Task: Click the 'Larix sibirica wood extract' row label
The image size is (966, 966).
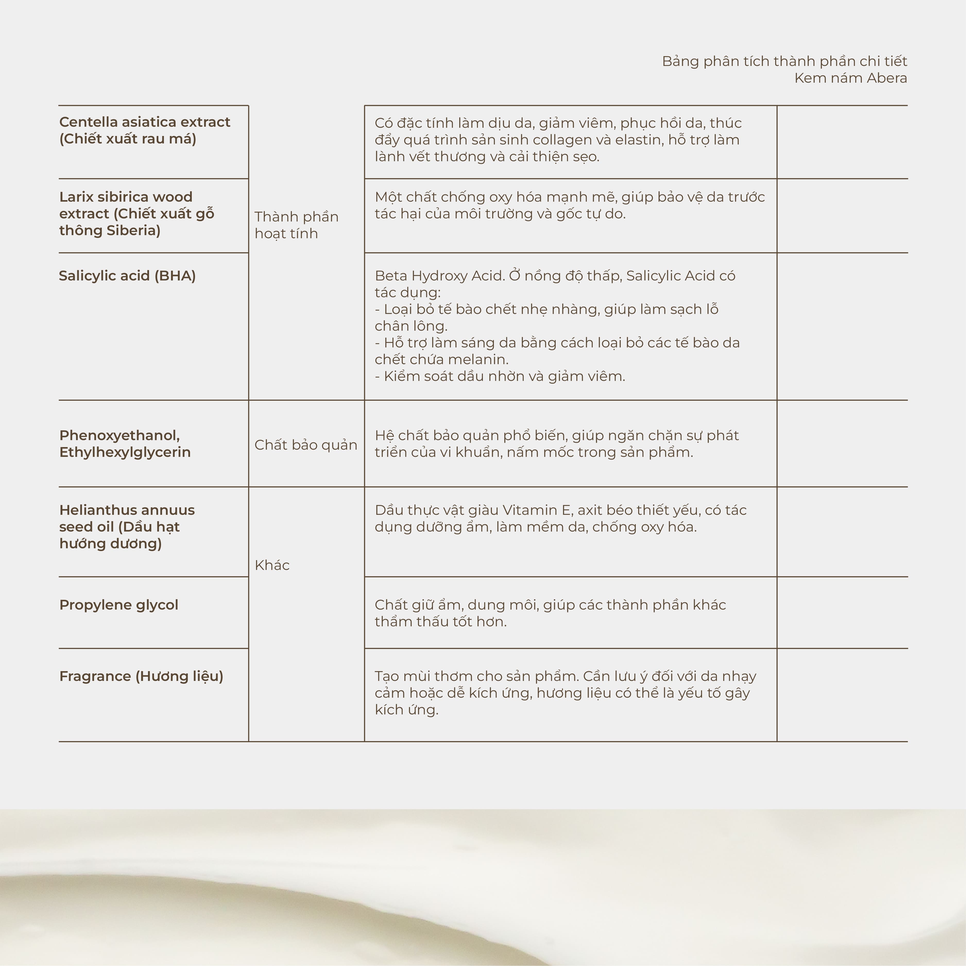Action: pyautogui.click(x=136, y=213)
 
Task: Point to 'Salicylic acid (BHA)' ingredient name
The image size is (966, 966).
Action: pyautogui.click(x=127, y=276)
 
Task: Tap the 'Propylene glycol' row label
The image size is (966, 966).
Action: pyautogui.click(x=118, y=605)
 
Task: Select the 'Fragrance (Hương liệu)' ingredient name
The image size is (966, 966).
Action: pyautogui.click(x=141, y=677)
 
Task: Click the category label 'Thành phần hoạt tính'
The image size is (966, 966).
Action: pyautogui.click(x=296, y=225)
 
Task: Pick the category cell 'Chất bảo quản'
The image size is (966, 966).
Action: pyautogui.click(x=305, y=445)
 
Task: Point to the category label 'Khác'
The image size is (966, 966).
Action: pyautogui.click(x=272, y=566)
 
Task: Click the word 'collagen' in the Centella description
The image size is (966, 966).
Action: pyautogui.click(x=560, y=140)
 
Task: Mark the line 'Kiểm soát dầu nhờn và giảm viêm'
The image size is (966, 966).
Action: pyautogui.click(x=500, y=377)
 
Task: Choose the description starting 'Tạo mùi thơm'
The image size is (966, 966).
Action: pyautogui.click(x=565, y=693)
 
